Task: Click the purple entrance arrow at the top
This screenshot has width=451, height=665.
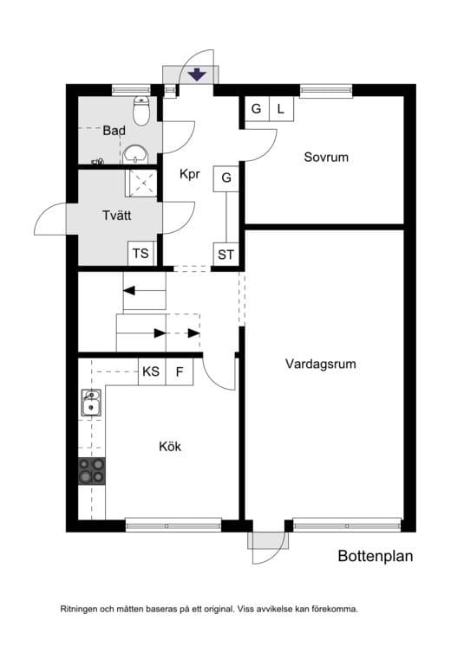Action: click(197, 75)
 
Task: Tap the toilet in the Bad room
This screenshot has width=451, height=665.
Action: click(142, 110)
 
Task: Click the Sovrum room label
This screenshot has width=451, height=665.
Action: click(326, 158)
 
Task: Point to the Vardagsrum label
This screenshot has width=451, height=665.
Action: click(321, 365)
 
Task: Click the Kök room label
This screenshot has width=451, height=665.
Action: click(170, 447)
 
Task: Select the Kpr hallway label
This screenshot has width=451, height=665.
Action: click(190, 174)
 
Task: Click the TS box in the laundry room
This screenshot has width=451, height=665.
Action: click(140, 255)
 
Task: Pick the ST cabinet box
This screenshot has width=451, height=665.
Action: click(226, 255)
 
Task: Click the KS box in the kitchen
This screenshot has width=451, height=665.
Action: click(151, 372)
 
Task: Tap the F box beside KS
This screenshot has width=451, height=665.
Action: click(180, 372)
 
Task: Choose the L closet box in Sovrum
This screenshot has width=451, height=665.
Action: click(281, 109)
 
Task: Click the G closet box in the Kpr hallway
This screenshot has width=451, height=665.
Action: click(226, 178)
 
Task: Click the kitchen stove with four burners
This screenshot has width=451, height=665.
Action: click(92, 470)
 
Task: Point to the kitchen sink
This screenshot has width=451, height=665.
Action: click(91, 404)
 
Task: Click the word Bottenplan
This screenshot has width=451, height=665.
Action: click(375, 557)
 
